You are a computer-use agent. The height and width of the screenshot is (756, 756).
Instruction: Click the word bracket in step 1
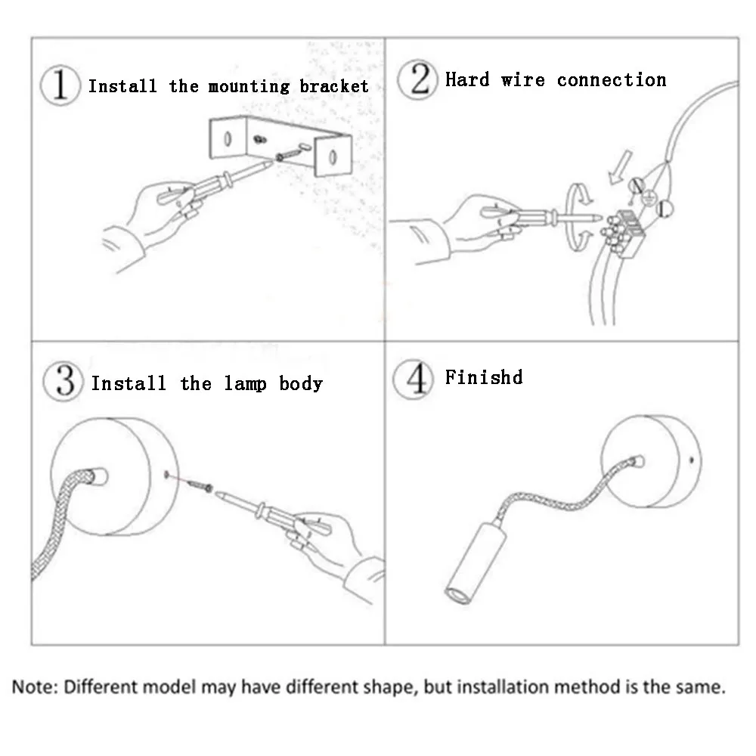(x=334, y=86)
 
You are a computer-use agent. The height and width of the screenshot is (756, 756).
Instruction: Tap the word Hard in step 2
(x=467, y=80)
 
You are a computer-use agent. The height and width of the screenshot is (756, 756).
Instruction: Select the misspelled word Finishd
(x=484, y=377)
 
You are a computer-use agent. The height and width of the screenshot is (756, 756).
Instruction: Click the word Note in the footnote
(x=33, y=688)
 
